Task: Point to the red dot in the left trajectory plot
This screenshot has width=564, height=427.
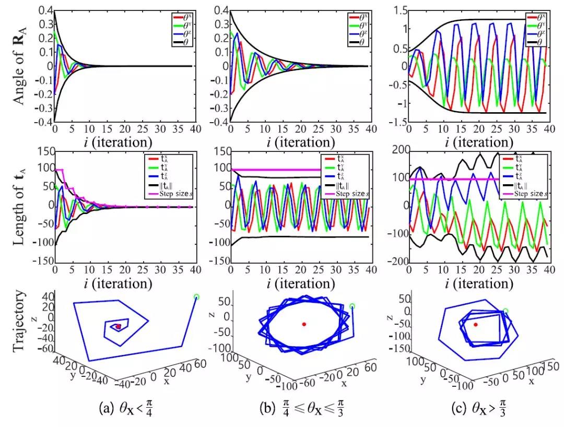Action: point(119,326)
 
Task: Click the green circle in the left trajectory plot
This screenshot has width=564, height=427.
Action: point(196,297)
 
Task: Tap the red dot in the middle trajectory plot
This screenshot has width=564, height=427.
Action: point(304,324)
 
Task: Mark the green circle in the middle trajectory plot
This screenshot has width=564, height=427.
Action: point(352,306)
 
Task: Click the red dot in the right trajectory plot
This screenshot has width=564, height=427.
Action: point(475,325)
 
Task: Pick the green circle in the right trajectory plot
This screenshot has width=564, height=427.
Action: point(505,311)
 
